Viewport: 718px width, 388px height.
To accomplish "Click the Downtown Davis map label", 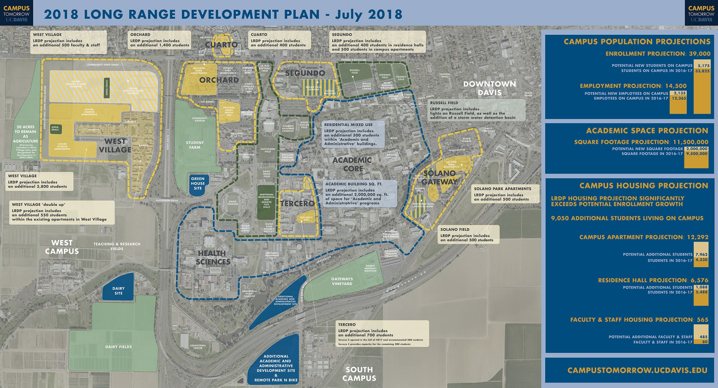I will [x=489, y=88].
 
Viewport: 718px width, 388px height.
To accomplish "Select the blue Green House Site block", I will [x=197, y=183].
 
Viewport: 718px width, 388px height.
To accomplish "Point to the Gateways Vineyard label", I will [x=342, y=281].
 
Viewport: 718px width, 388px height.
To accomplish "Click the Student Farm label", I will [x=195, y=145].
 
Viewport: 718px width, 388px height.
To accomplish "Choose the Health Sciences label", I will [x=213, y=257].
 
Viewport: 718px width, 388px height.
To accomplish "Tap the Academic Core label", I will [x=352, y=164].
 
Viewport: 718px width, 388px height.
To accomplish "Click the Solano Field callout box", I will [x=468, y=234].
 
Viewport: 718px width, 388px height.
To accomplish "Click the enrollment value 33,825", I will [x=702, y=71].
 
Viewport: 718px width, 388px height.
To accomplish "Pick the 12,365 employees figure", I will [x=679, y=98].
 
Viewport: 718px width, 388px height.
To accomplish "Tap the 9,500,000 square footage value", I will [x=696, y=154].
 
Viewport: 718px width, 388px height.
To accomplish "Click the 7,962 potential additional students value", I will [x=701, y=254].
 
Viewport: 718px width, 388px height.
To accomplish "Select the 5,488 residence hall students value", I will [x=701, y=292].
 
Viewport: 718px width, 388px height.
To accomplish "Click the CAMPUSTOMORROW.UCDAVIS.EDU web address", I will [x=637, y=370].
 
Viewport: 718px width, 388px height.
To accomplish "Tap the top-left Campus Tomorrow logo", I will [x=17, y=13].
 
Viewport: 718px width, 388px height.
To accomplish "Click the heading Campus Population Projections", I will [x=637, y=42].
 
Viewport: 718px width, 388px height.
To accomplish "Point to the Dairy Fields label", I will [x=118, y=347].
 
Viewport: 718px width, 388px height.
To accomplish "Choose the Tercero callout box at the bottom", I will [x=382, y=334].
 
